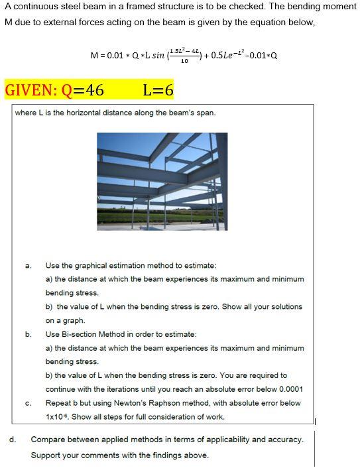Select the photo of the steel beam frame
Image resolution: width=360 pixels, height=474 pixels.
(162, 181)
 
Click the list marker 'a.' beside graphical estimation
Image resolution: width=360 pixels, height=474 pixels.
(29, 266)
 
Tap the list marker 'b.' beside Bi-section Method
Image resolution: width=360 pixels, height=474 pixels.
(29, 334)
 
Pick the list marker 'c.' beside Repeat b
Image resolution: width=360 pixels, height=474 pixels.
(29, 403)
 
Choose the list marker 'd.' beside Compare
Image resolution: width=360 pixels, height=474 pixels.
(13, 439)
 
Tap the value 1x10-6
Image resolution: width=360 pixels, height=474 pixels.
(59, 417)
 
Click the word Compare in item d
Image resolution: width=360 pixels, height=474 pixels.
(47, 439)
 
